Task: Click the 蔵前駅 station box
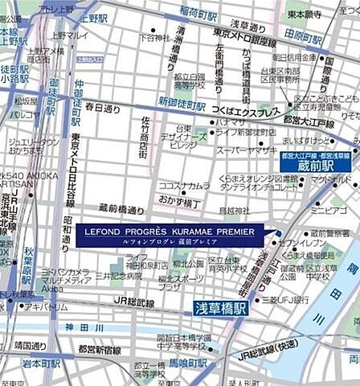tap(315, 165)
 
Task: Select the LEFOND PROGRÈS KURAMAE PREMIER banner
tap(169, 235)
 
